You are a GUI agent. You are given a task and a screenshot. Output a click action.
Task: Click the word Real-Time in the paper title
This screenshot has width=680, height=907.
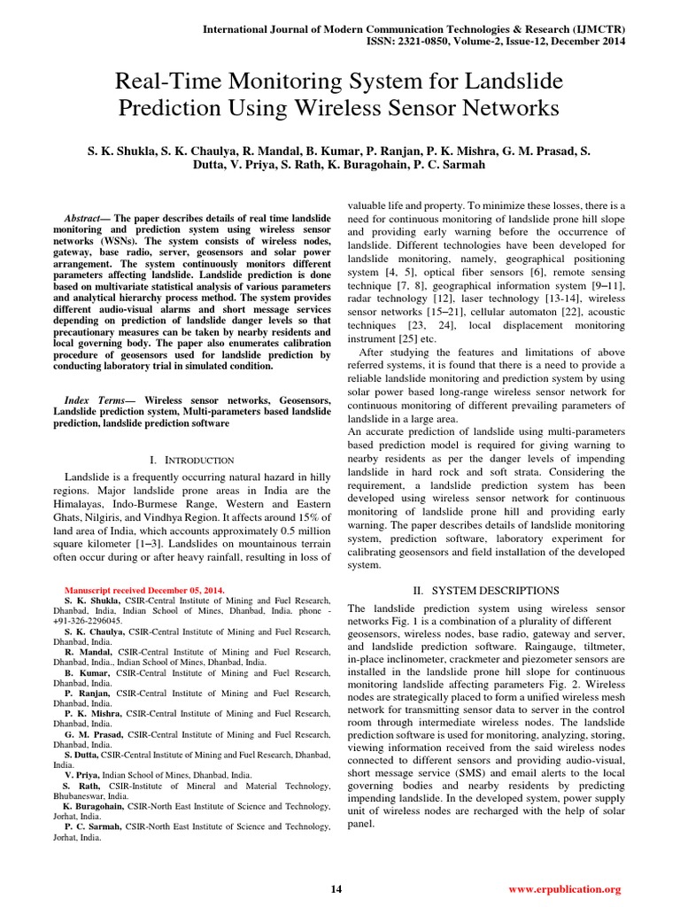169,83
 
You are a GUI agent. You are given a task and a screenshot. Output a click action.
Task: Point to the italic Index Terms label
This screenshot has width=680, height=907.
97,401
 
